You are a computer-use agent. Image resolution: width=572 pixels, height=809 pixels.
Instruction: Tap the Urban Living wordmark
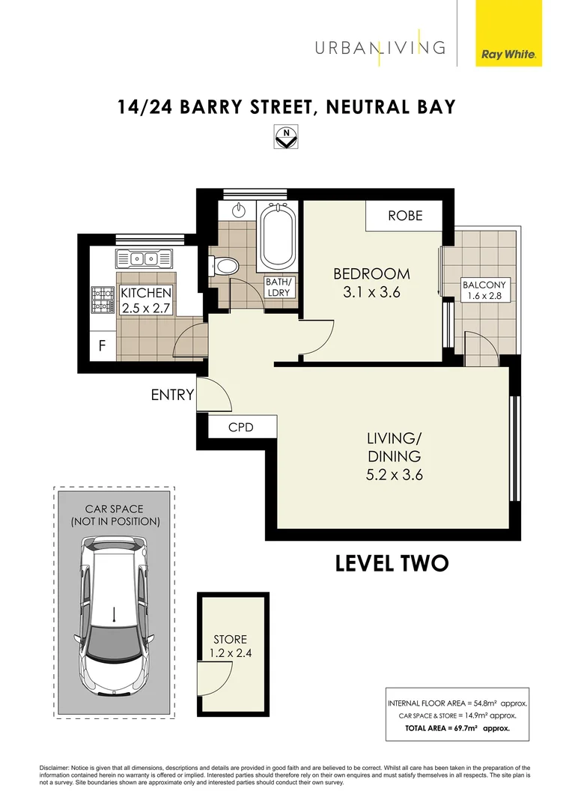[x=380, y=48]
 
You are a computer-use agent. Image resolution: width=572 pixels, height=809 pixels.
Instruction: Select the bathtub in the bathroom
[x=279, y=239]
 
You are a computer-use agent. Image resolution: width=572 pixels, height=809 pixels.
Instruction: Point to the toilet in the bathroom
[x=225, y=264]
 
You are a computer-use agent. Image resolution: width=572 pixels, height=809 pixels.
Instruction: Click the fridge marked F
[x=103, y=347]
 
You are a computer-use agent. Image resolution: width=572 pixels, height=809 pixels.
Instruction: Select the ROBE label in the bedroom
[x=404, y=216]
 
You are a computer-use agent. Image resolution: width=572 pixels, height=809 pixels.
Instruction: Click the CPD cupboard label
[x=241, y=427]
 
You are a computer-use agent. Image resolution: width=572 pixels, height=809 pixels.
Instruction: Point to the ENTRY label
[x=172, y=395]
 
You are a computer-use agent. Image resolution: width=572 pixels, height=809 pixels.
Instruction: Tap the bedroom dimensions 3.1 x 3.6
[x=372, y=293]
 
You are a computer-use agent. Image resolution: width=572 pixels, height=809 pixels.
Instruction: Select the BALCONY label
[x=484, y=285]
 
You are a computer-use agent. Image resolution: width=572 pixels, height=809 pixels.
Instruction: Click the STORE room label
[x=230, y=639]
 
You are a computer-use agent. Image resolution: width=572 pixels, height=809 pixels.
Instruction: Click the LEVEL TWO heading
[x=392, y=563]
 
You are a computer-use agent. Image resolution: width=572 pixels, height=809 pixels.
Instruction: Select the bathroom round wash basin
[x=240, y=210]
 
